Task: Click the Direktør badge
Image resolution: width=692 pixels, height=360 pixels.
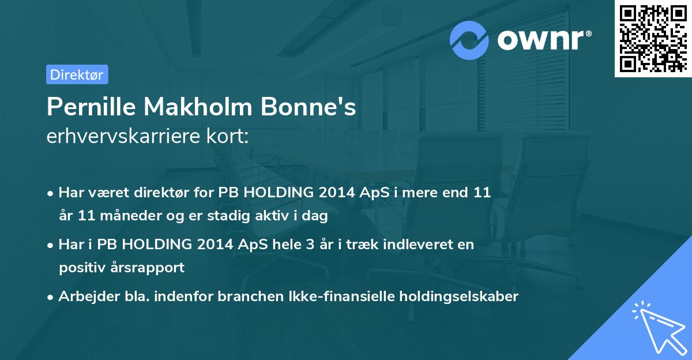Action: [77, 74]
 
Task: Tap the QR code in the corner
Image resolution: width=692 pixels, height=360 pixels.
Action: [653, 38]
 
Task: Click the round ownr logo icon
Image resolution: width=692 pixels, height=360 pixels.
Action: [469, 40]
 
